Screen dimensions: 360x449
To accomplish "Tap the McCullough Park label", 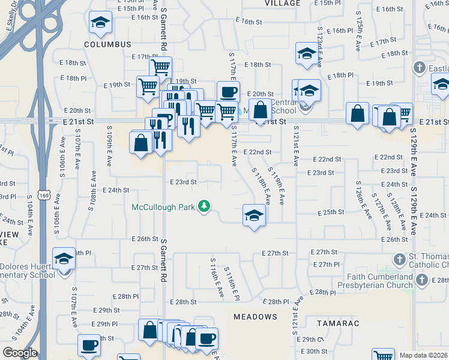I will point(164,207).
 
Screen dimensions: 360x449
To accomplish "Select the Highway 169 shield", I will point(43,196).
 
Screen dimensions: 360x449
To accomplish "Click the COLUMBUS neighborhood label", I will point(107,44).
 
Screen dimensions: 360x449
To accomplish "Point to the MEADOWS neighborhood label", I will point(255,316).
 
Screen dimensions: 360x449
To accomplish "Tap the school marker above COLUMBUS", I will point(100,23).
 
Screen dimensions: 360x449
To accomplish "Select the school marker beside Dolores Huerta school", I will point(64,259).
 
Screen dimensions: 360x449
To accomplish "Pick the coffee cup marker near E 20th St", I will point(228,92).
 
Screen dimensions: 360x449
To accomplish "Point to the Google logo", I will point(20,353).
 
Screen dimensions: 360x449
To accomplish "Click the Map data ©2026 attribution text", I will point(423,355).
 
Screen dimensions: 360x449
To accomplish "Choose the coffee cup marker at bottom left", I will point(89,346).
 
